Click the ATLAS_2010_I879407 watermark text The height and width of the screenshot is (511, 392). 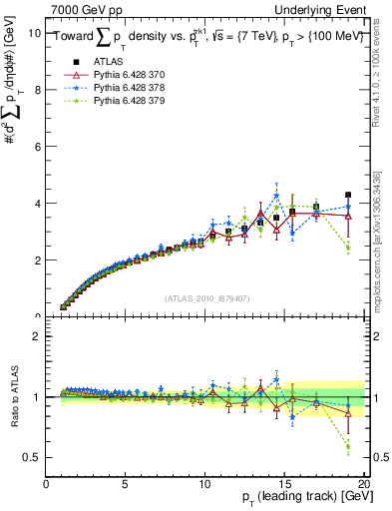click(206, 297)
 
